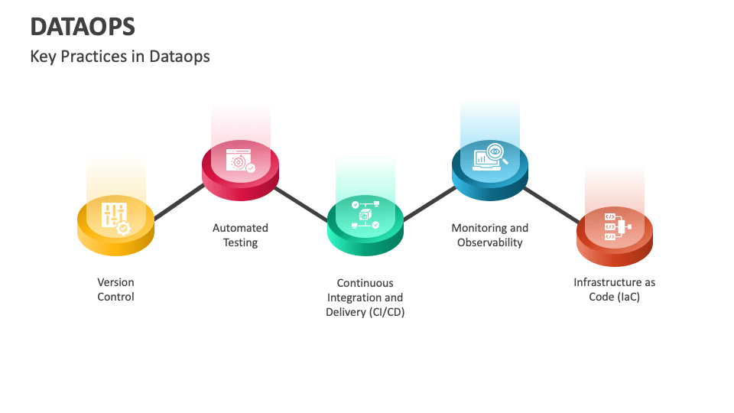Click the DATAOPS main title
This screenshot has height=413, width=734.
click(83, 27)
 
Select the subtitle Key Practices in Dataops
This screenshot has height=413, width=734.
click(119, 57)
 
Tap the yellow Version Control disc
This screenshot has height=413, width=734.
click(116, 223)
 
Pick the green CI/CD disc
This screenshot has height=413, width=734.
click(365, 221)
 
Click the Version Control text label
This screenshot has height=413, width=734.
click(115, 290)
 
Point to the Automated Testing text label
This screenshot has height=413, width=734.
click(240, 235)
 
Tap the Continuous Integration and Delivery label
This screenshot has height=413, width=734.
click(365, 298)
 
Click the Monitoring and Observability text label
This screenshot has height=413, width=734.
click(489, 235)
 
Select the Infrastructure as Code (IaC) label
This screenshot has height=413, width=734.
click(614, 290)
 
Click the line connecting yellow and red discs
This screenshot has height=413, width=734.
click(178, 203)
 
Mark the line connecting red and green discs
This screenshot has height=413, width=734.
click(301, 203)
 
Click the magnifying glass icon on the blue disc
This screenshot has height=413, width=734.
click(495, 154)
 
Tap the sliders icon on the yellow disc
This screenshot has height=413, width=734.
click(113, 215)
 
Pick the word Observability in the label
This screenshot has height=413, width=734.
click(489, 242)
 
